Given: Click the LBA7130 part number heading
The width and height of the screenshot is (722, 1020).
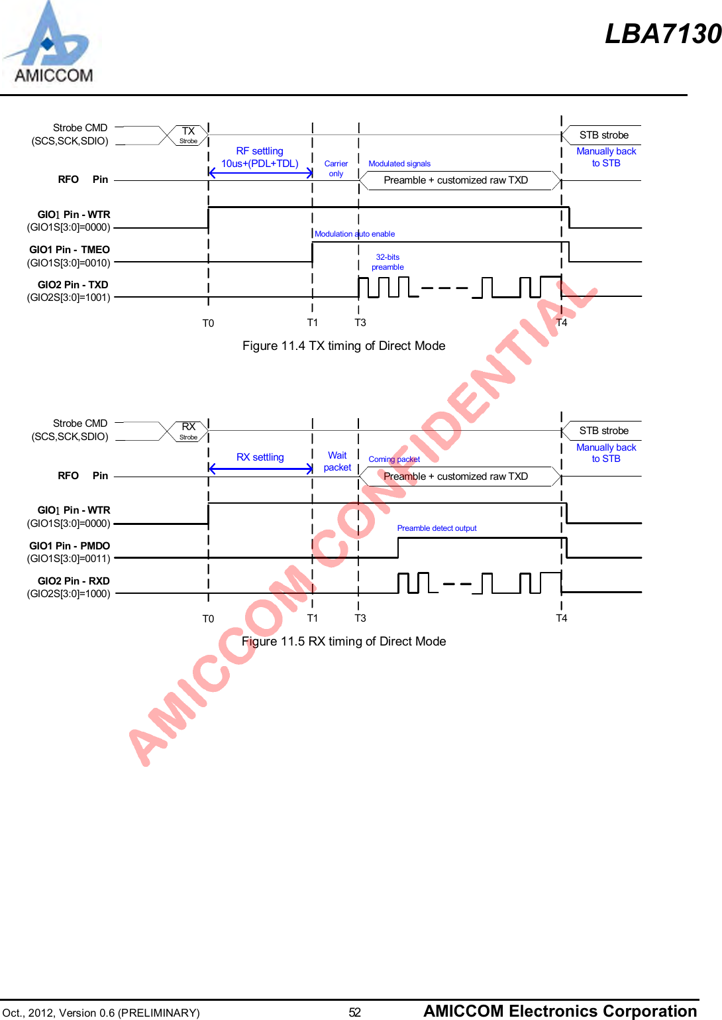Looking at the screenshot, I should coord(662,34).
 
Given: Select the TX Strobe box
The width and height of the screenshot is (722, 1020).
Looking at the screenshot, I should coord(189,135).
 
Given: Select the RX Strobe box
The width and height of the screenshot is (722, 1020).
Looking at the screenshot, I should coord(189,431).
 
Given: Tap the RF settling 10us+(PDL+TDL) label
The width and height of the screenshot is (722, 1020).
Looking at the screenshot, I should coord(260,157).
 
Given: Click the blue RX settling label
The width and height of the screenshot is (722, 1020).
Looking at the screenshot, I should coord(260,457).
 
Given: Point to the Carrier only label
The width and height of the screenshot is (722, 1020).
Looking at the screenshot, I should coord(336,168).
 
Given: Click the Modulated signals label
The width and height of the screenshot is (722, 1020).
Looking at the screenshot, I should coord(399,164).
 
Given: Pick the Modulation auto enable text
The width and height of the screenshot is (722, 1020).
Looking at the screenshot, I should coord(354,234).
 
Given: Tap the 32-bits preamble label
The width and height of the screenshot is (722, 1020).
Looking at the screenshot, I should coord(387,262).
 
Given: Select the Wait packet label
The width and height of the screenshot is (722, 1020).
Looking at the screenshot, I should coord(337,461).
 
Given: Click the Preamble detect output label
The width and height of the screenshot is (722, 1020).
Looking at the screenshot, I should coord(437,528).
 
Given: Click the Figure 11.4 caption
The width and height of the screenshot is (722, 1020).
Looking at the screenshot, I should coord(344,346).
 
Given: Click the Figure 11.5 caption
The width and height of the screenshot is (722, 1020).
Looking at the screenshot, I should coord(344,642).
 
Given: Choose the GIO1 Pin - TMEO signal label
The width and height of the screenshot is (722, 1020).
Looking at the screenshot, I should coord(69,256).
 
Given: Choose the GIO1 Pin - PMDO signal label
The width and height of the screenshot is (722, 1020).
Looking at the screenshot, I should coord(69,552).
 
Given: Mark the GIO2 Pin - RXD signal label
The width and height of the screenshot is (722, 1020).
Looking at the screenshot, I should coord(69,587).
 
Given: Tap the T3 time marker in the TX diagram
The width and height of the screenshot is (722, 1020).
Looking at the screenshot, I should coord(360,323).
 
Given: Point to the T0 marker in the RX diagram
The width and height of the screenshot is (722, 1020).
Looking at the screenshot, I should coord(208,619).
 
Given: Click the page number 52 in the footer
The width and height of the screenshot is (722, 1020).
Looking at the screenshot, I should coord(355,1012).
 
